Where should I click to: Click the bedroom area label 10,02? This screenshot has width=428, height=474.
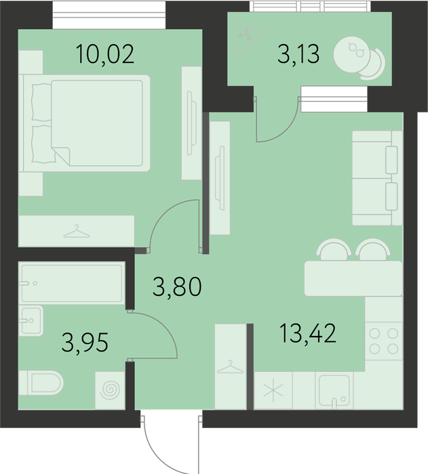point(105,54)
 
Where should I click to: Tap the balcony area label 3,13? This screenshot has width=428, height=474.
point(298,54)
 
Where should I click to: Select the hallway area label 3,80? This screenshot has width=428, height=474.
point(177,286)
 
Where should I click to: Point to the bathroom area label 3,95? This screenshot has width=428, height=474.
point(85,343)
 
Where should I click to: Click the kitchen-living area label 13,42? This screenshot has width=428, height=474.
point(308,333)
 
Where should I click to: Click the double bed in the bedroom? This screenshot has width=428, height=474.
point(87,123)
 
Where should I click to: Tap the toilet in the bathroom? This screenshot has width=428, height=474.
point(41,383)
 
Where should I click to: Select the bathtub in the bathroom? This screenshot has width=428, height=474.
point(72,283)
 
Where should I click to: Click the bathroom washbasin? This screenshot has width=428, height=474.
point(31,321)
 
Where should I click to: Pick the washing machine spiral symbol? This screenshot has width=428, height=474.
point(110,391)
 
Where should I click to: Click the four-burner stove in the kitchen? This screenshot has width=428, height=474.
point(384,341)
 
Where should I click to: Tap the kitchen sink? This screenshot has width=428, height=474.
point(334,391)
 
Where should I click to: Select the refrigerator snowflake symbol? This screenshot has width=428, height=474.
point(273,390)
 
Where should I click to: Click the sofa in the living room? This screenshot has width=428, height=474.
point(377,178)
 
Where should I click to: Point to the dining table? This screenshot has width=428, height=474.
point(353,278)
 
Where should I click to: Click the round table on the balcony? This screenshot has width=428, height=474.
point(351,55)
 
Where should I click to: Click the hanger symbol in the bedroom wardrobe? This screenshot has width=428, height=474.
point(77,232)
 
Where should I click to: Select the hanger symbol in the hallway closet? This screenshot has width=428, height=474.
point(230,367)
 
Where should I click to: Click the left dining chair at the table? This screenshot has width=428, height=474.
point(334,249)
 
